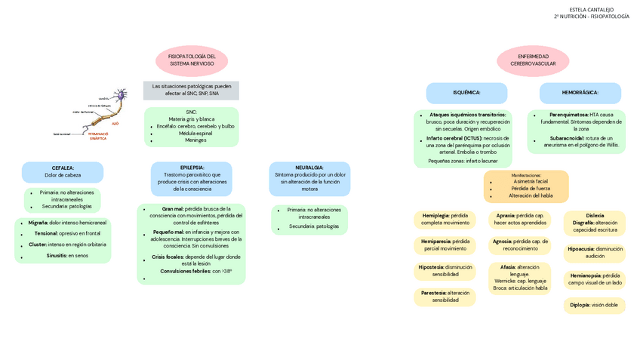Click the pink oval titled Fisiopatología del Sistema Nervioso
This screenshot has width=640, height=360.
pos(192,60)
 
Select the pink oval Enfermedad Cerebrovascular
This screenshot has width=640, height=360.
pos(533,60)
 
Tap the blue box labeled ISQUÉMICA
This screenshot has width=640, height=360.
pos(466,93)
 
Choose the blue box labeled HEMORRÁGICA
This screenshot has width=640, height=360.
pos(580,93)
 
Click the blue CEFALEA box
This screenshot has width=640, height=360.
pos(63,171)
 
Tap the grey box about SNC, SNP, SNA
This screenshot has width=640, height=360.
pos(191,90)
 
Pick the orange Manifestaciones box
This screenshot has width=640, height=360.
pos(526,186)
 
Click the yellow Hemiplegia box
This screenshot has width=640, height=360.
pos(445,220)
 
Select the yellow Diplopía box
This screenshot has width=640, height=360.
pos(594,306)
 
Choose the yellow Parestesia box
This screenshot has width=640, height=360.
pos(445,297)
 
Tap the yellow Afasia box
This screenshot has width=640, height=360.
pos(520,277)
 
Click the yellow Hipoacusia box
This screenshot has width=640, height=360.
pos(594,253)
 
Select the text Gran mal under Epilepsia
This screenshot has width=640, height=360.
pos(172,209)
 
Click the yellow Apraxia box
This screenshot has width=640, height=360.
pos(520,220)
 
